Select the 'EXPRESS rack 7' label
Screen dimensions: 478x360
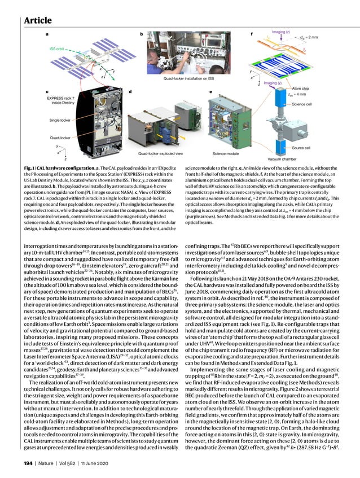point(58,98)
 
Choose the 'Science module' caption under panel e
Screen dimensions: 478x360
point(225,153)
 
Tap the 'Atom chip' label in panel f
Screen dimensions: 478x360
point(302,88)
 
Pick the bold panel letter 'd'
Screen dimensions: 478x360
point(130,91)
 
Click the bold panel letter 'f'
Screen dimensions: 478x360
point(251,34)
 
